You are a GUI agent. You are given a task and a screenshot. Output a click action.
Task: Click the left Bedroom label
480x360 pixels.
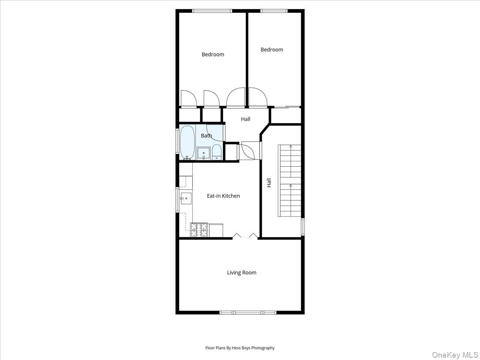[213, 54]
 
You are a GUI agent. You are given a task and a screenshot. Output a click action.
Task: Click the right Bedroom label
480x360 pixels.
[272, 50]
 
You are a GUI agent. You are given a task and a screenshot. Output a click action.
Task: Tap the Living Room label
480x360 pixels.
[242, 273]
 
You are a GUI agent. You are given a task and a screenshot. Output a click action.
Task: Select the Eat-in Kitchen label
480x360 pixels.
[223, 196]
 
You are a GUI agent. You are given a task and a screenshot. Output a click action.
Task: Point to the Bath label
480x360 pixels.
[206, 136]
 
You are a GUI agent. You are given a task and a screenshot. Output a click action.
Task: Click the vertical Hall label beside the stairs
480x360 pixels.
[269, 183]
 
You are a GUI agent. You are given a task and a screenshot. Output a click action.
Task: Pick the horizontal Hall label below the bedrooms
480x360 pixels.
[246, 119]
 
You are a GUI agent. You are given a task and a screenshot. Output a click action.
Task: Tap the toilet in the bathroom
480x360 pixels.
[216, 152]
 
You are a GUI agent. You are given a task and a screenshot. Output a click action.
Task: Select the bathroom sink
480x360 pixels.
[204, 153]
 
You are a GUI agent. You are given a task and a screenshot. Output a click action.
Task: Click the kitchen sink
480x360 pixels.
[186, 198]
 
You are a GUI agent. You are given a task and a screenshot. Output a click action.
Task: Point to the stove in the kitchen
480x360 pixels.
[199, 230]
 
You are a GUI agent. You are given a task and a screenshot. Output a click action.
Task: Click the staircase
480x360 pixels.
[290, 180]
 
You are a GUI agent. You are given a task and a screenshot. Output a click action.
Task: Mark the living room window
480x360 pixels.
[247, 312]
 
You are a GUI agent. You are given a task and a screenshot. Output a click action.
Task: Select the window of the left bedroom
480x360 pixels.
[212, 11]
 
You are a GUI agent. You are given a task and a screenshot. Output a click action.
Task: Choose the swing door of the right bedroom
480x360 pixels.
[258, 98]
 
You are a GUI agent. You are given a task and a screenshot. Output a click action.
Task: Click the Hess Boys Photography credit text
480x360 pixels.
[240, 348]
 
